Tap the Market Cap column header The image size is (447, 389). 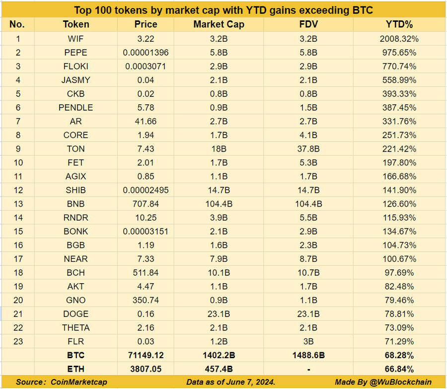click(219, 24)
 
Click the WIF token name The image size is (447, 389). click(76, 38)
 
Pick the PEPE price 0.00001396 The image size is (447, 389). click(146, 52)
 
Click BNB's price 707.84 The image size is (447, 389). click(146, 204)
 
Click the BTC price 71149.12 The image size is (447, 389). click(146, 355)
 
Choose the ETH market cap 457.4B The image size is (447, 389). click(219, 369)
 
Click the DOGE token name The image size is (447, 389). click(76, 314)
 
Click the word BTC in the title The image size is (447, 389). click(360, 10)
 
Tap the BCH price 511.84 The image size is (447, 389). click(146, 273)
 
